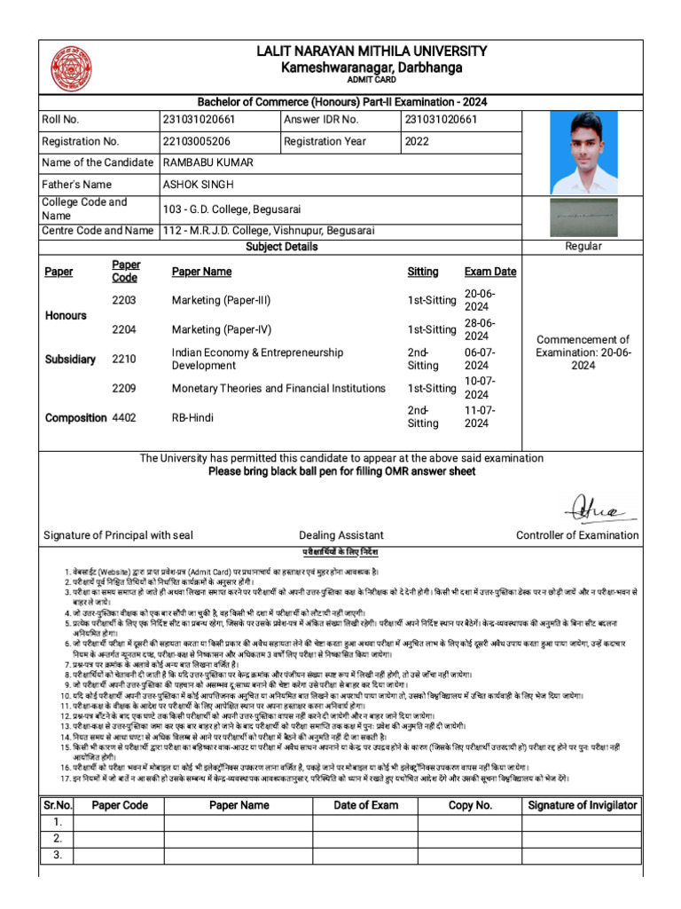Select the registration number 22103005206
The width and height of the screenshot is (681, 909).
coord(197,141)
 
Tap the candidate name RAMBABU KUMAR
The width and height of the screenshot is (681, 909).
coord(208,162)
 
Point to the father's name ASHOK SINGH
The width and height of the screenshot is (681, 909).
coord(200,185)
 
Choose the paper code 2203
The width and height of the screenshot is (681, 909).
coord(124,301)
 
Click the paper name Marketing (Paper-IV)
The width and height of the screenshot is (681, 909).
coord(222,329)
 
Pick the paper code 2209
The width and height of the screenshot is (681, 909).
coord(124,388)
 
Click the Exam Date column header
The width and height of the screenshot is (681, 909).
coord(490,272)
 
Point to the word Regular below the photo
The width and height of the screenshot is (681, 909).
coord(583,246)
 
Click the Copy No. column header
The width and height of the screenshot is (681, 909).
coord(470,805)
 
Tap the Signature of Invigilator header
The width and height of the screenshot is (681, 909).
coord(582,805)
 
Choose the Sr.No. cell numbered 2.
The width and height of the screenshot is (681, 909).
coord(57,839)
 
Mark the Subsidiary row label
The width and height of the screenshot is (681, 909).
coord(70,360)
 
